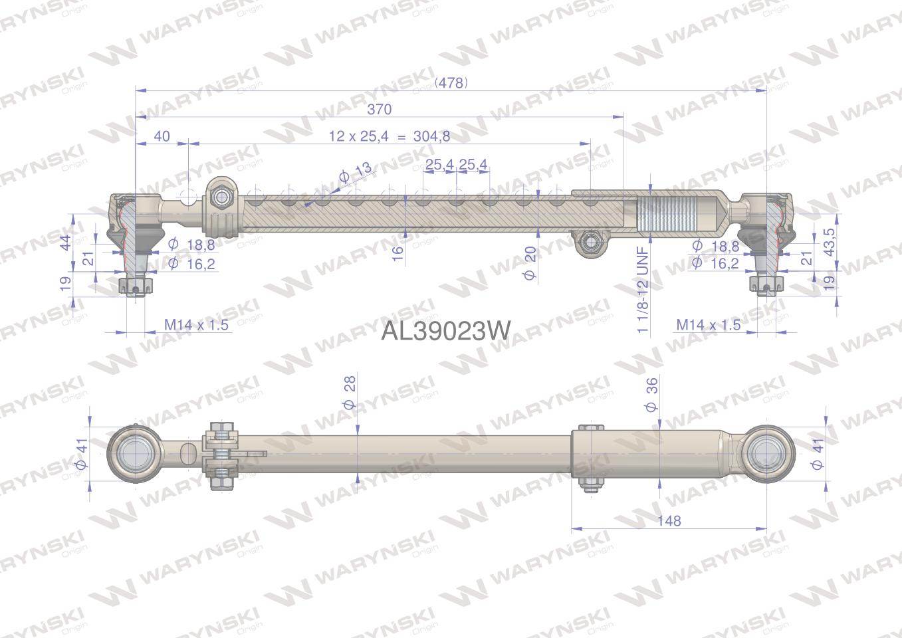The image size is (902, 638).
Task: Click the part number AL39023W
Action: (445, 330)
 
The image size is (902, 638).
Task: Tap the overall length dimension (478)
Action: (451, 82)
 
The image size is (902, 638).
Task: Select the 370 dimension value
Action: (380, 109)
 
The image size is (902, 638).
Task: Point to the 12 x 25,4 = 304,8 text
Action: (390, 136)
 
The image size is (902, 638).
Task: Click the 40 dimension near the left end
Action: (162, 136)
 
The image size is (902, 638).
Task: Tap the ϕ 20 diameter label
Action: (530, 263)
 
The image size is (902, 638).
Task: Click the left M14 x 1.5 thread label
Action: (196, 325)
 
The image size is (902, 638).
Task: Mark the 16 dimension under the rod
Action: (397, 253)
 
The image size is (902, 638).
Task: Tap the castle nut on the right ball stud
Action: (767, 285)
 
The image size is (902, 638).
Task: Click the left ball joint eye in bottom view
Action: (133, 454)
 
